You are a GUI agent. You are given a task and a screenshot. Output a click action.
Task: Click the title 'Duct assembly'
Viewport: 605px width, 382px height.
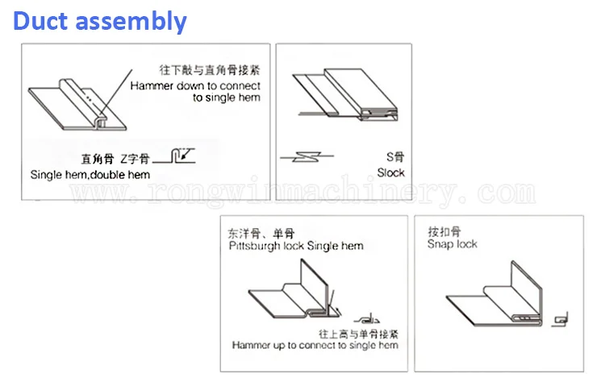(x=100, y=20)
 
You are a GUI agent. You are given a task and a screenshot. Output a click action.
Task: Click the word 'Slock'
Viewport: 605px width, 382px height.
(x=391, y=172)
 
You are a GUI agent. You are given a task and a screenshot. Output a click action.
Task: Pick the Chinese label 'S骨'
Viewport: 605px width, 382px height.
(x=394, y=158)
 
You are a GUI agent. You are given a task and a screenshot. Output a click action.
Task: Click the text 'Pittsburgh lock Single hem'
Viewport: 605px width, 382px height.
(x=295, y=246)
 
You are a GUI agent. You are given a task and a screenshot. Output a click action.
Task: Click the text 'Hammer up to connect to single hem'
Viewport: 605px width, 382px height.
(x=315, y=346)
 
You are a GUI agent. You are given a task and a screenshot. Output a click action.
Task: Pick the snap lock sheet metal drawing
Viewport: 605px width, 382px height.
(x=492, y=298)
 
